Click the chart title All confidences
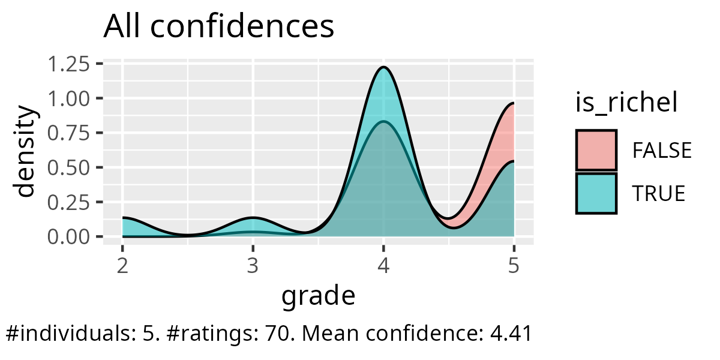pyautogui.click(x=218, y=27)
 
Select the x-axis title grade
pyautogui.click(x=318, y=296)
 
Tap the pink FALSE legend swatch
pyautogui.click(x=596, y=150)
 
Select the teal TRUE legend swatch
pyautogui.click(x=596, y=193)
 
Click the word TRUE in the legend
pyautogui.click(x=659, y=194)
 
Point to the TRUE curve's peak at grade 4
pyautogui.click(x=383, y=67)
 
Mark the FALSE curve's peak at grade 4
pyautogui.click(x=383, y=122)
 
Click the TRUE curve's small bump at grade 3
pyautogui.click(x=253, y=217)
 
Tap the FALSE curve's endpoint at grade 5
pyautogui.click(x=514, y=104)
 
